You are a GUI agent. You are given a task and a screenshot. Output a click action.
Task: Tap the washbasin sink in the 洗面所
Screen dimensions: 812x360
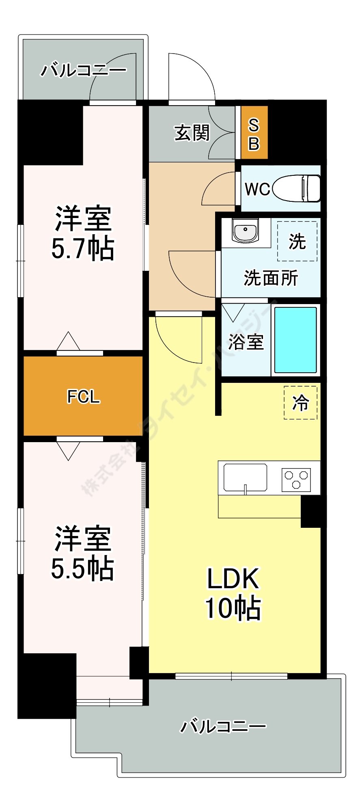pyautogui.click(x=246, y=231)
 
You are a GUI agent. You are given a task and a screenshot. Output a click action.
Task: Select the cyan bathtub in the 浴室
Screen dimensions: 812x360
pyautogui.click(x=295, y=340)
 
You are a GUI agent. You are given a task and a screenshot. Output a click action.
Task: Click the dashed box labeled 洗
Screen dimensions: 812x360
pyautogui.click(x=297, y=241)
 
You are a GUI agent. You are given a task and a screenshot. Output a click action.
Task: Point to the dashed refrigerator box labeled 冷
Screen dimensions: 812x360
pyautogui.click(x=300, y=402)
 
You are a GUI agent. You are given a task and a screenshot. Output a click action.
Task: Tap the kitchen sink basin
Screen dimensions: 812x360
pyautogui.click(x=245, y=477)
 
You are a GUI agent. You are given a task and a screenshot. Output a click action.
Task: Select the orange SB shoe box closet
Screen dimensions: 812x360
pyautogui.click(x=254, y=133)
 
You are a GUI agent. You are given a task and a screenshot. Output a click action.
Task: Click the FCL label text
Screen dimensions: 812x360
pyautogui.click(x=83, y=397)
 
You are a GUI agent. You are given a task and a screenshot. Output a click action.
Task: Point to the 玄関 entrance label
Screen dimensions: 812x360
pyautogui.click(x=192, y=133)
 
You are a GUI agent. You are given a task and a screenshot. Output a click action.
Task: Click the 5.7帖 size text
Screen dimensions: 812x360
pyautogui.click(x=83, y=248)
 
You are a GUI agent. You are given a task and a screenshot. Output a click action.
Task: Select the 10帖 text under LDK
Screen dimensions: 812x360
pyautogui.click(x=233, y=608)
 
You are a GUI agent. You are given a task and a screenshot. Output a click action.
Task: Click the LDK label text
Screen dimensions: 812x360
pyautogui.click(x=233, y=579)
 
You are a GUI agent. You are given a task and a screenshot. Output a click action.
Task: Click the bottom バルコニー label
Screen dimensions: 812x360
pyautogui.click(x=223, y=726)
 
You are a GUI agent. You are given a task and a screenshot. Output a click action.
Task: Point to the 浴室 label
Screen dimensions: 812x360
pyautogui.click(x=246, y=342)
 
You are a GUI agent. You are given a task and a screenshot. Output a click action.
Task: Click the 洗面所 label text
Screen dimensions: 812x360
pyautogui.click(x=271, y=278)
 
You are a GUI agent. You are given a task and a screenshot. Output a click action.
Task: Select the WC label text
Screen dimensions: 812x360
pyautogui.click(x=257, y=189)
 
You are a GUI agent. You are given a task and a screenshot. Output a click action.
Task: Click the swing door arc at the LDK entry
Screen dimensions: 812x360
pyautogui.click(x=179, y=341)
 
